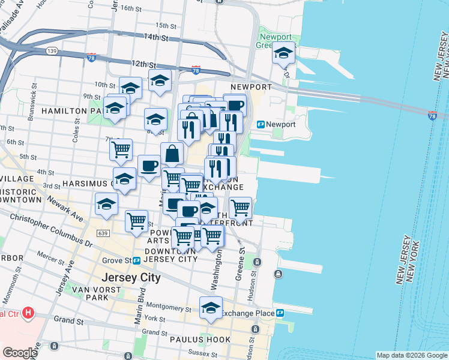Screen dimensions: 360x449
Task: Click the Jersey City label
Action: click(x=131, y=278)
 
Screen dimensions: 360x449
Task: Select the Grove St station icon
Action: click(x=136, y=260)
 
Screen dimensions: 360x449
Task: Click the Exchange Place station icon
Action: click(x=280, y=313)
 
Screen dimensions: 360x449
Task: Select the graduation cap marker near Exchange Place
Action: click(x=211, y=308)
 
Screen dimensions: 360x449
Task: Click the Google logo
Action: click(x=20, y=353)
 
